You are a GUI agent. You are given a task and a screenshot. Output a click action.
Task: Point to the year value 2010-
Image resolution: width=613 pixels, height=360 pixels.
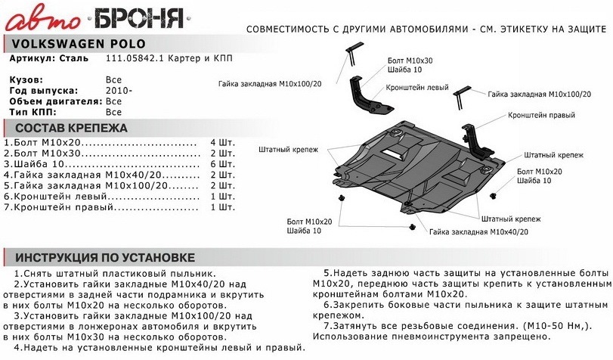tap(119, 90)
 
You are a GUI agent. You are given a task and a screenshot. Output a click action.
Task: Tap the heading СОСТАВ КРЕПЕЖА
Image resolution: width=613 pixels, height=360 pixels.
tap(71, 128)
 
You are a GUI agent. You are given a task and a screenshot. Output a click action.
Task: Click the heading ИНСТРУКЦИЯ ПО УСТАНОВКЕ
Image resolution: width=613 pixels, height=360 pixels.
tap(105, 258)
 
